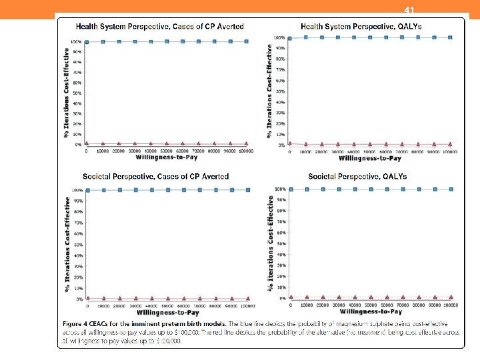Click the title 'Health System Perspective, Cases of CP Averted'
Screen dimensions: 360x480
click(x=159, y=27)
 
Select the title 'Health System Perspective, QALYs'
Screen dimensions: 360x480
click(x=361, y=26)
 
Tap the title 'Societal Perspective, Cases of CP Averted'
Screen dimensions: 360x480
click(x=155, y=177)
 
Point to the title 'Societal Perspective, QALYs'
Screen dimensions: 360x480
click(x=357, y=177)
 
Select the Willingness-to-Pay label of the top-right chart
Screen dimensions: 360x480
click(x=370, y=159)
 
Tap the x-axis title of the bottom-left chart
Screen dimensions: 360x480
click(x=168, y=313)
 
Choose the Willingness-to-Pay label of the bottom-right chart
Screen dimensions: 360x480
click(x=371, y=311)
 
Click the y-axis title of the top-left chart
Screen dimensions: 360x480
click(x=69, y=93)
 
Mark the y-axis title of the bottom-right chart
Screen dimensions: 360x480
click(x=271, y=246)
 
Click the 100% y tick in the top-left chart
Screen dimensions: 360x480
click(x=77, y=41)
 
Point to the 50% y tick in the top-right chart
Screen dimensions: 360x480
click(x=280, y=91)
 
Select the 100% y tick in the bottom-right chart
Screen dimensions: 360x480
click(x=281, y=189)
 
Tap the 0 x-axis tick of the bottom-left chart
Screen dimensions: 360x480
click(x=88, y=306)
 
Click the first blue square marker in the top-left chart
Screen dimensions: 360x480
click(x=87, y=42)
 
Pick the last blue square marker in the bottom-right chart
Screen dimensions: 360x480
click(x=451, y=189)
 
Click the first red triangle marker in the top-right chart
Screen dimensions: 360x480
click(x=289, y=143)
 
